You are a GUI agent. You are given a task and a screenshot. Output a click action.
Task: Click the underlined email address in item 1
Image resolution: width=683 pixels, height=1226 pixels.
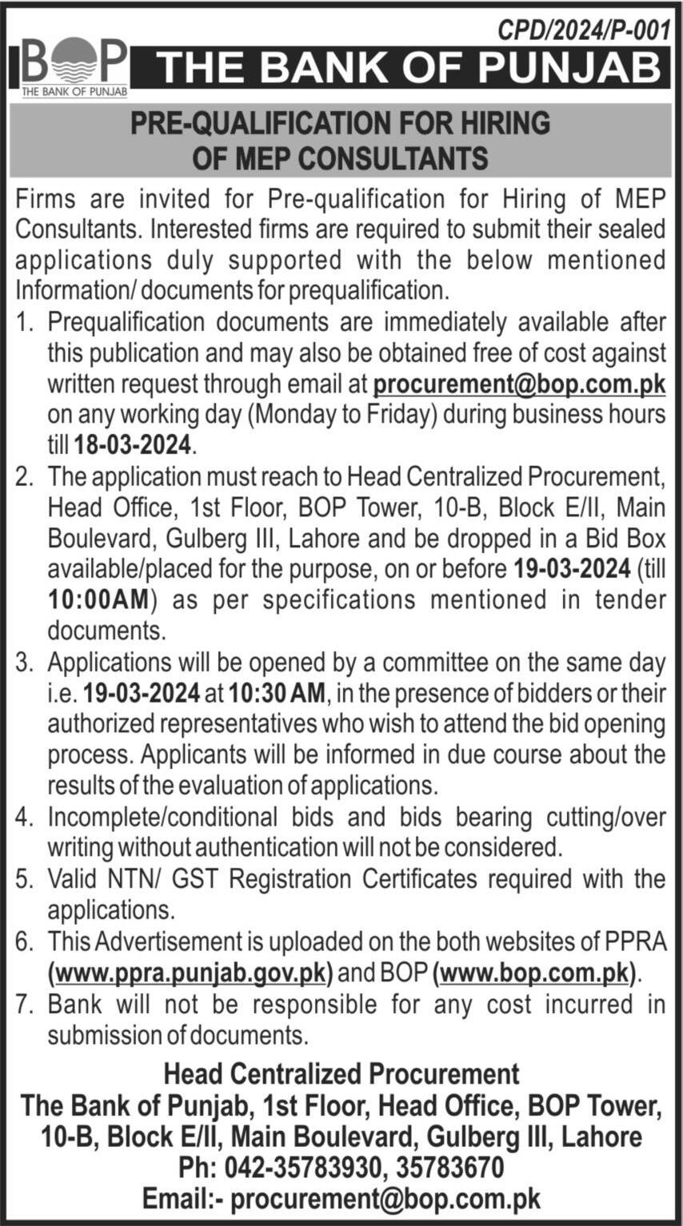pos(519,384)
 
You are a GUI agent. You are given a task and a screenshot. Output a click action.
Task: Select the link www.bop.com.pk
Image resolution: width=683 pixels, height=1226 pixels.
pos(534,974)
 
